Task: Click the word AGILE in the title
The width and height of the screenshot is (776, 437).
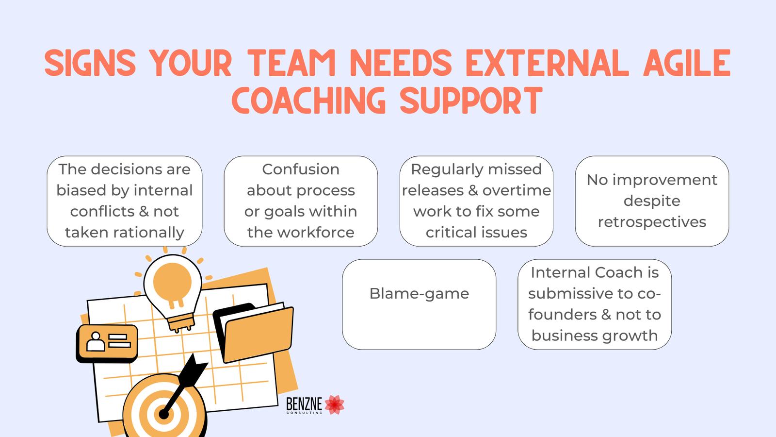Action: pyautogui.click(x=687, y=63)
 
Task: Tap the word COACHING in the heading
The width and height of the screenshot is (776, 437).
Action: pyautogui.click(x=308, y=100)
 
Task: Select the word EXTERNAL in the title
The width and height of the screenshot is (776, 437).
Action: pyautogui.click(x=547, y=63)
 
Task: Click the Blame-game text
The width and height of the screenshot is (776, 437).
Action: pyautogui.click(x=419, y=294)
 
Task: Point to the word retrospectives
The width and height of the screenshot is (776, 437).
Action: pyautogui.click(x=652, y=222)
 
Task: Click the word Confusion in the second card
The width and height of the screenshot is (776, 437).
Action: pyautogui.click(x=301, y=169)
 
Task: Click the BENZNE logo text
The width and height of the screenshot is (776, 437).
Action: pyautogui.click(x=304, y=404)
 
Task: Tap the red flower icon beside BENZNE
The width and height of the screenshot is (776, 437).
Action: pyautogui.click(x=335, y=405)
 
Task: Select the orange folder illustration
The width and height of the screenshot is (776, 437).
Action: pyautogui.click(x=255, y=333)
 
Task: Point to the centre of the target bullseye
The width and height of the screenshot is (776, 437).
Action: pyautogui.click(x=163, y=414)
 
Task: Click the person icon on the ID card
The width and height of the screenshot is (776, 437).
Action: pyautogui.click(x=95, y=342)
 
